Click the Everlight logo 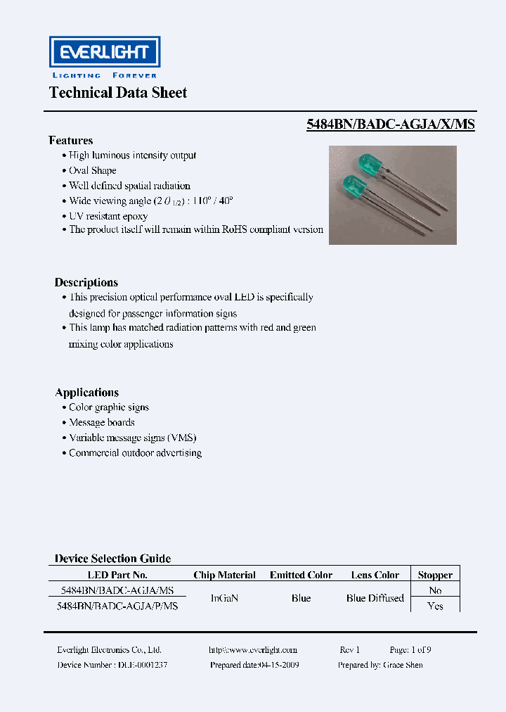tap(104, 53)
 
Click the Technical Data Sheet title tap(118, 93)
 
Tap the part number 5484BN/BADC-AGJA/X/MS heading tap(391, 124)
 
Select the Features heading tap(70, 141)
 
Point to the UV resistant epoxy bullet tap(108, 216)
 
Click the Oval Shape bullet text tap(93, 171)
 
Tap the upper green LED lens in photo tap(368, 164)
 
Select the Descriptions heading tap(86, 282)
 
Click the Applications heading tap(86, 393)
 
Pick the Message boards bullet tap(102, 423)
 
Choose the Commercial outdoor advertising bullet tap(135, 453)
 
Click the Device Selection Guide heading tap(112, 559)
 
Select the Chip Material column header tap(224, 575)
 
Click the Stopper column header tap(435, 575)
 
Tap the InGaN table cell tap(224, 598)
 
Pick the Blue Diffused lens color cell tap(375, 598)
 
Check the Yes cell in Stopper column tap(435, 606)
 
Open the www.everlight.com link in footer tap(253, 650)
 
